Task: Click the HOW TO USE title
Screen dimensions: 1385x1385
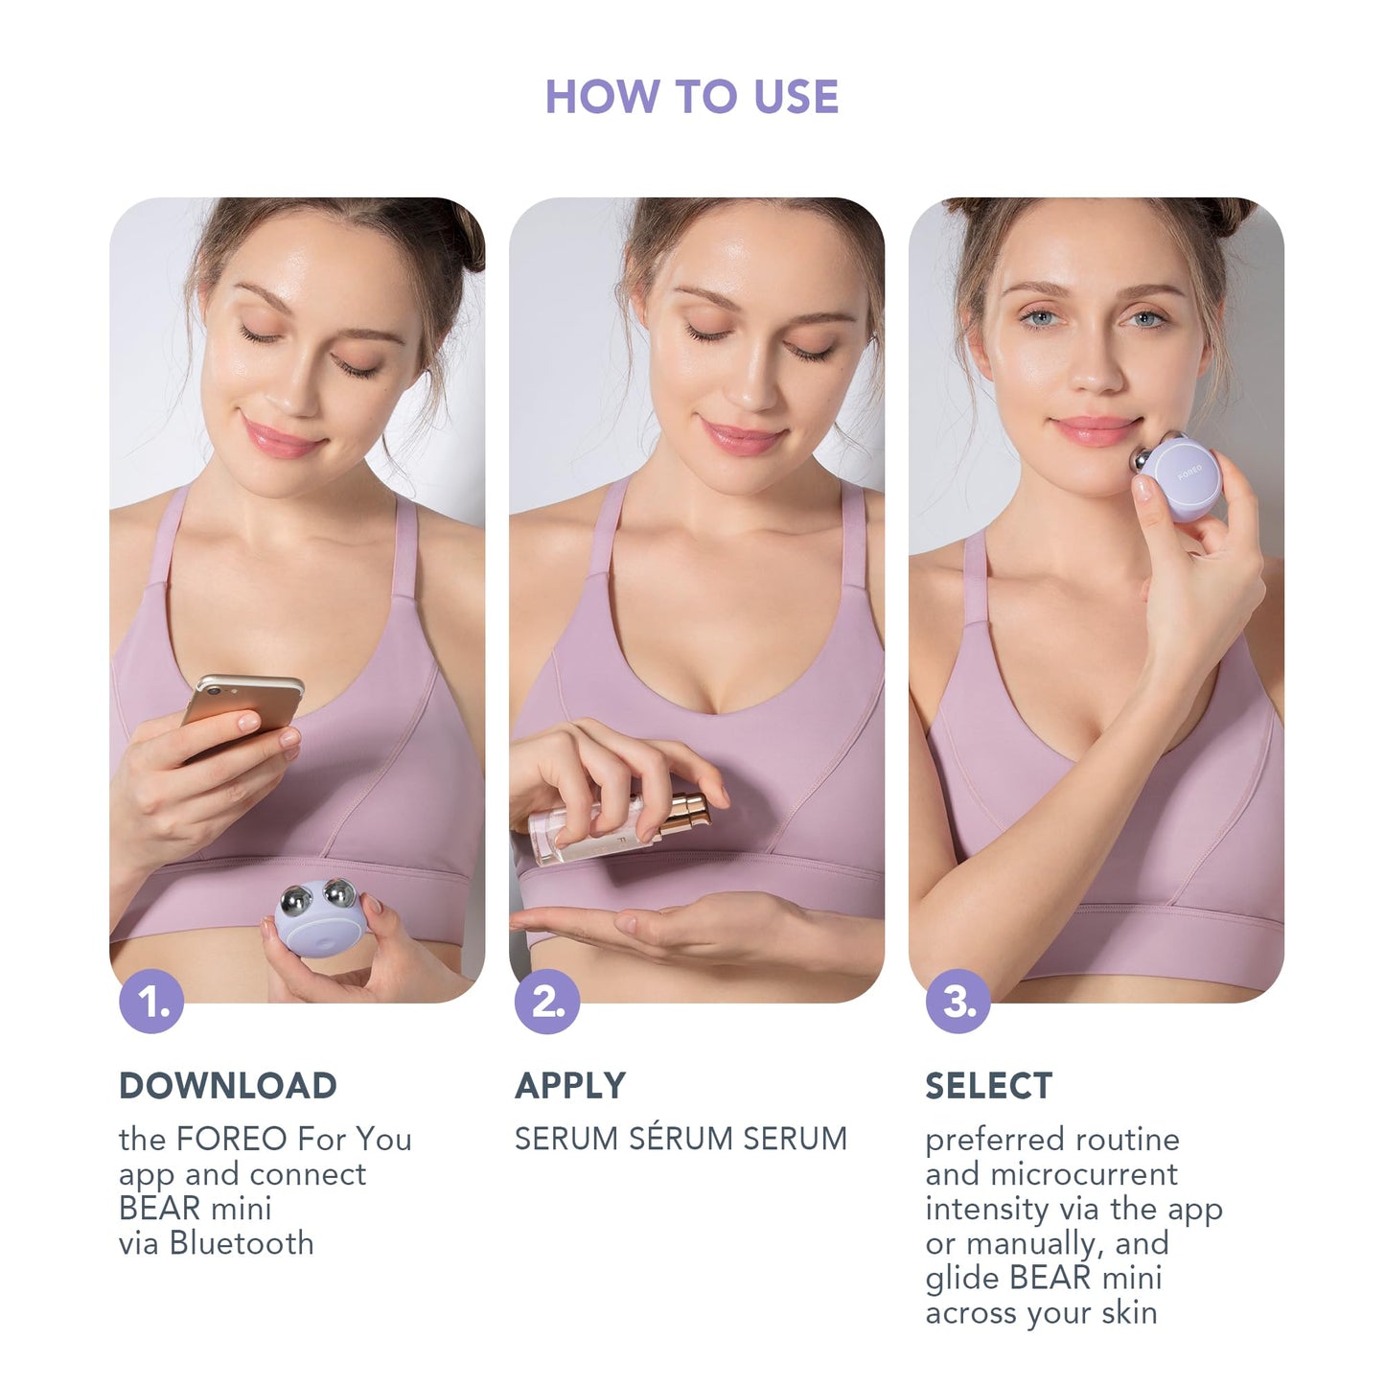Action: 691,97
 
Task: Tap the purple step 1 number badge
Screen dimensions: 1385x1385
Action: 151,1002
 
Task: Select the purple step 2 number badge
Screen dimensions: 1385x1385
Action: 547,1002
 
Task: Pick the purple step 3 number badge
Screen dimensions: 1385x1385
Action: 958,1002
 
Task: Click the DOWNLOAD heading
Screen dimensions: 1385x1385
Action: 228,1086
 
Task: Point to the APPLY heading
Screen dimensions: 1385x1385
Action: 570,1086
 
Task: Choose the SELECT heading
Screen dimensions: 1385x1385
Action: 988,1086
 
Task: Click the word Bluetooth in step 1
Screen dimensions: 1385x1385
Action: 242,1243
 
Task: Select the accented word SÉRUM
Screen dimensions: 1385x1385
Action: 680,1139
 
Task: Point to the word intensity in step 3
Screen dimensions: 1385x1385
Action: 995,1209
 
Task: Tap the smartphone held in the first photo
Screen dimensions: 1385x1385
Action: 242,706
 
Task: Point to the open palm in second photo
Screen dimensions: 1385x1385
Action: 661,926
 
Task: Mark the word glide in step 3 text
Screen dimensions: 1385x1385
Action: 962,1279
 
